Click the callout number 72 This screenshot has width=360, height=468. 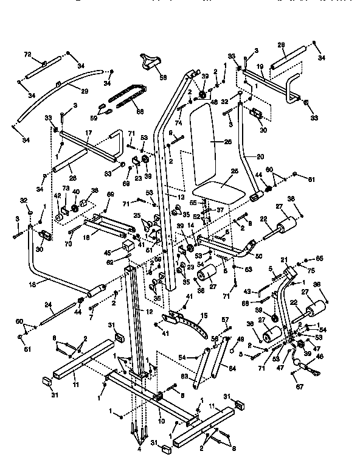(x=27, y=55)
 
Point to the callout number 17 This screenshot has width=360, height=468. (x=88, y=131)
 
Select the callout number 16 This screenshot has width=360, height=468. (x=32, y=284)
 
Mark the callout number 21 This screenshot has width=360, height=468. (x=283, y=260)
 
